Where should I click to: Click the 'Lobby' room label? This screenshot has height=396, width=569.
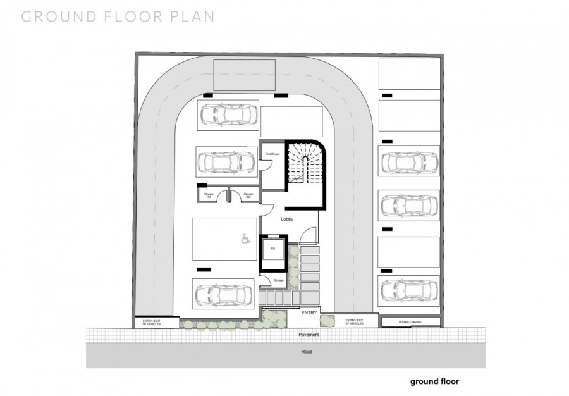coord(287,219)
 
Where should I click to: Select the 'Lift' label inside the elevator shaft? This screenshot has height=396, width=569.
coord(273,249)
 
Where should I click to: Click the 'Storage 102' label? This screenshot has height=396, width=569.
coord(209,195)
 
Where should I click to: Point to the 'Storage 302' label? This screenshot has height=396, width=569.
coord(248,195)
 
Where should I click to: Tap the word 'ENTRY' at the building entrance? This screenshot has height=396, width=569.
coord(309,313)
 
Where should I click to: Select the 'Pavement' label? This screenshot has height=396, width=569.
coord(309,334)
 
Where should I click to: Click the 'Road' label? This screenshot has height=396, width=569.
coord(306,352)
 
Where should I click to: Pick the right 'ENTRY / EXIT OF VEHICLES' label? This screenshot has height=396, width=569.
coord(354,322)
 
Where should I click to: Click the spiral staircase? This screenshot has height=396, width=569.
coord(306,164)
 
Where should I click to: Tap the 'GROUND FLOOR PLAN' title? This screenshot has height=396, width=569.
coord(118,16)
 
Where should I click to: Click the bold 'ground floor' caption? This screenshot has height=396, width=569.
coord(434,381)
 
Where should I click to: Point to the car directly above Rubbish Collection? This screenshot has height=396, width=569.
coord(409,288)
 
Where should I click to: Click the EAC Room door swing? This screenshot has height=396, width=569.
coord(267,166)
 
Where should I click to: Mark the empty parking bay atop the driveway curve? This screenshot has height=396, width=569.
coord(244,75)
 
